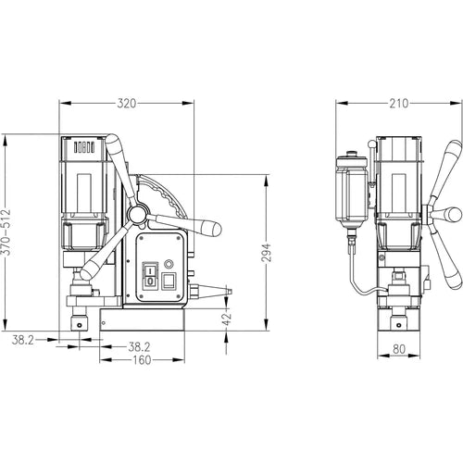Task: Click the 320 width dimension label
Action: coord(127,104)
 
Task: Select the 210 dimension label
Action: coord(399,104)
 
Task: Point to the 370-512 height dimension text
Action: coord(6,232)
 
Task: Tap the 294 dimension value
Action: coord(267,253)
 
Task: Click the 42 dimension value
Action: coord(227,319)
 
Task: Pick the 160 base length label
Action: coord(142,360)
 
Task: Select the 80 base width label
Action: coord(399,349)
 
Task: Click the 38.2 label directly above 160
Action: coord(139,347)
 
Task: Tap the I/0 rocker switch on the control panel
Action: coord(150,276)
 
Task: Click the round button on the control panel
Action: coord(169,264)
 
